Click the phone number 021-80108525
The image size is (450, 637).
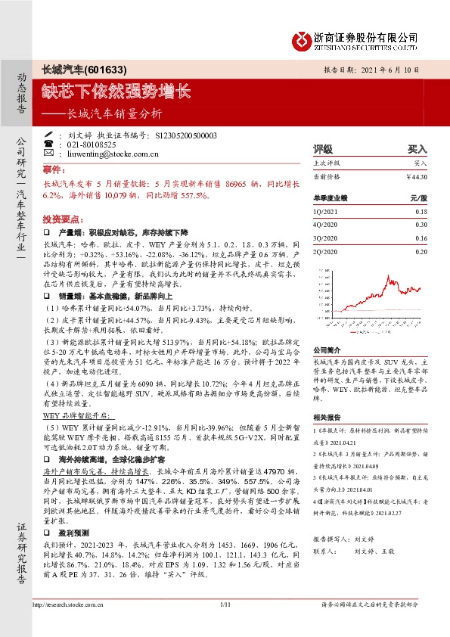coord(92,144)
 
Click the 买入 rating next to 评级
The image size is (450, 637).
coord(417,150)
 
